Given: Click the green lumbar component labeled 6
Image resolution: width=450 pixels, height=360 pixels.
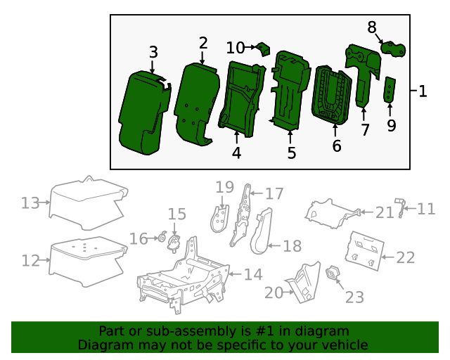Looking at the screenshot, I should pos(330,95).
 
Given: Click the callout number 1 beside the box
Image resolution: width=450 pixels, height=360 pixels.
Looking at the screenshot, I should pos(423,91).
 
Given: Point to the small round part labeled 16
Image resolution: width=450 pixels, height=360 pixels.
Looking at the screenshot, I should pos(162,238).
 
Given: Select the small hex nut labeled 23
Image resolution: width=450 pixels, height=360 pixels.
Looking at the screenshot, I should pos(333,273).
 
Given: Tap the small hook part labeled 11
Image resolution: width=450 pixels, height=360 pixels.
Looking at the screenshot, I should pos(401,207).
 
